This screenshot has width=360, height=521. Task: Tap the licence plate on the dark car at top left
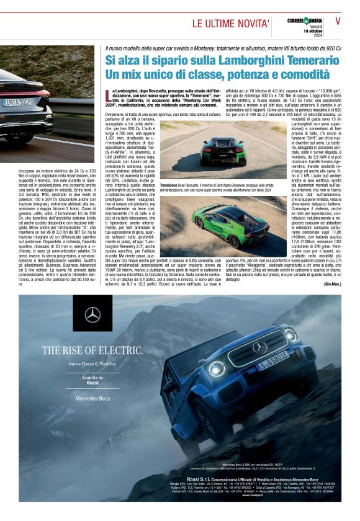click(16, 102)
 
